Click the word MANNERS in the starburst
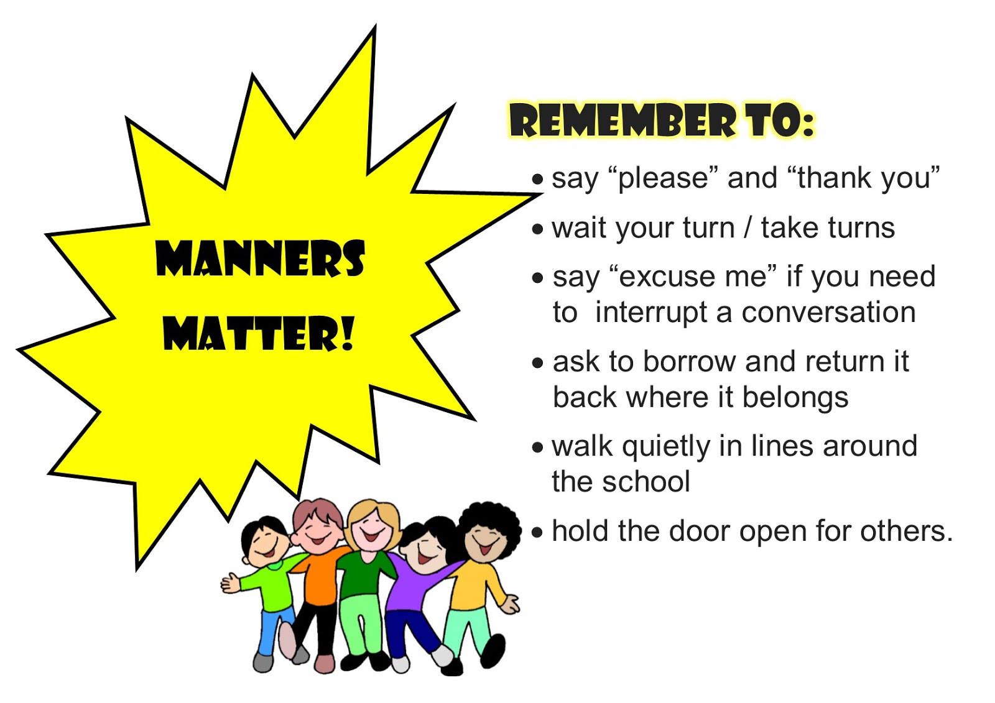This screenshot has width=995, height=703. click(x=260, y=259)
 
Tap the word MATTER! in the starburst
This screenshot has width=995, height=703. click(x=259, y=333)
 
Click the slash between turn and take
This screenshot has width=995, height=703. click(x=747, y=228)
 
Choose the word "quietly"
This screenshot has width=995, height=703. click(x=665, y=447)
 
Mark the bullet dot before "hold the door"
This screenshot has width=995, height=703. click(x=538, y=533)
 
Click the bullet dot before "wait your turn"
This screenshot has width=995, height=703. click(x=538, y=229)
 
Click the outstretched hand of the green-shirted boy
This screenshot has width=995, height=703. click(x=231, y=583)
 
